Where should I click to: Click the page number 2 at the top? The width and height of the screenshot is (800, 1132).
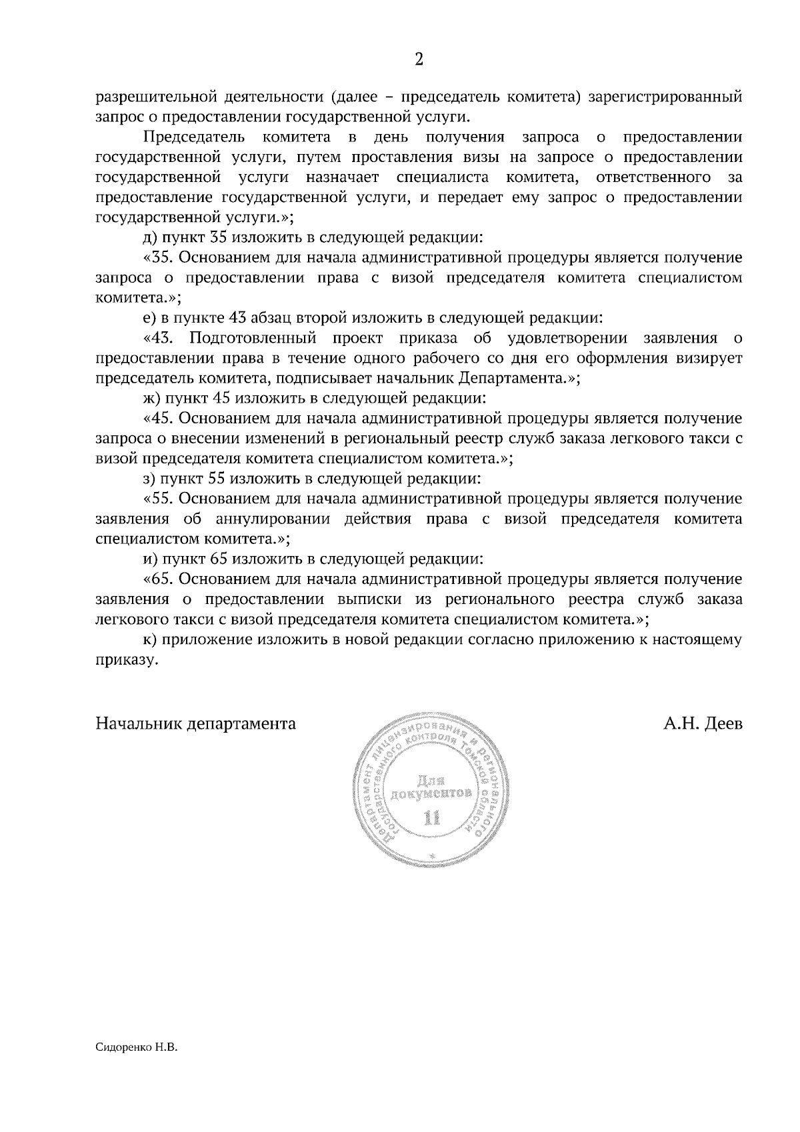click(419, 59)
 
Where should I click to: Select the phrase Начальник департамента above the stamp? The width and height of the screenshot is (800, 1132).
click(196, 724)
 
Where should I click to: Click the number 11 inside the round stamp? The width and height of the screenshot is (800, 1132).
click(433, 818)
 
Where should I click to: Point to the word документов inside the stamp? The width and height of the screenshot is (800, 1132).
click(433, 793)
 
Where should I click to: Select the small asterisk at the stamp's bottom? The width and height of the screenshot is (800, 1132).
click(432, 855)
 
